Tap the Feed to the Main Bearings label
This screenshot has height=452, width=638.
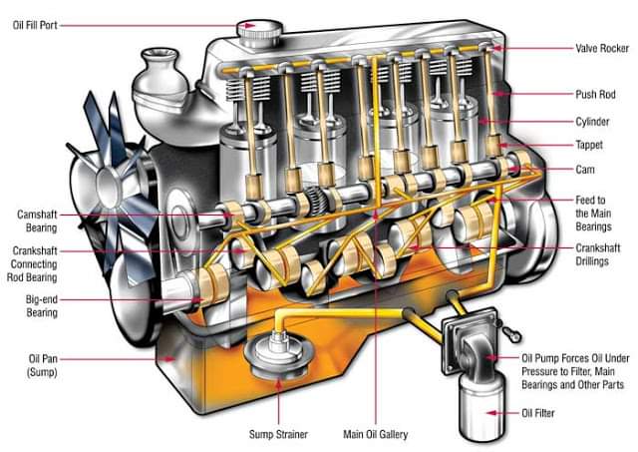(x=600, y=214)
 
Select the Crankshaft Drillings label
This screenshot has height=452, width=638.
(x=602, y=252)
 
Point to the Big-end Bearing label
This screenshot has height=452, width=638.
(x=42, y=305)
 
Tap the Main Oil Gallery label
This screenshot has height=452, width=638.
(x=375, y=435)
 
